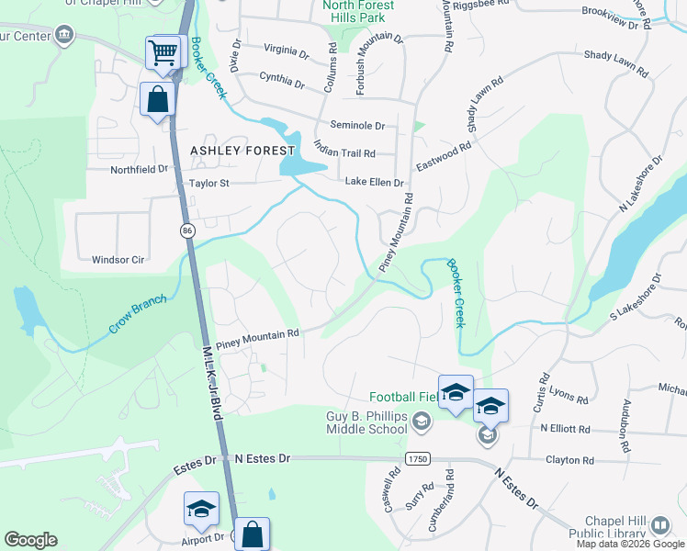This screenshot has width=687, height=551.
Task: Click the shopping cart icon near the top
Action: tap(163, 53)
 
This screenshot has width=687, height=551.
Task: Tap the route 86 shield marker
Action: tap(186, 230)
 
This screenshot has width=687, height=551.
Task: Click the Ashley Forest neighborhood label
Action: tap(242, 150)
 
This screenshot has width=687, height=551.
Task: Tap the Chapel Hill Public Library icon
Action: tap(660, 525)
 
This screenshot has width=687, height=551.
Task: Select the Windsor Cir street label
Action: tap(118, 260)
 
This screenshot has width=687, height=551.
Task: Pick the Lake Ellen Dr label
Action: tap(375, 182)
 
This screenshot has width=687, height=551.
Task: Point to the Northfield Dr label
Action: tap(140, 169)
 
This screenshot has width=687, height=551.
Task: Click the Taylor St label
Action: tap(208, 183)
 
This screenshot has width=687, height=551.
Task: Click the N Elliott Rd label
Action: tap(568, 428)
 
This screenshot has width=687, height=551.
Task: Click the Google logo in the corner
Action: tap(30, 540)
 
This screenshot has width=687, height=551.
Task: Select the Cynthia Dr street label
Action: tap(282, 81)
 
